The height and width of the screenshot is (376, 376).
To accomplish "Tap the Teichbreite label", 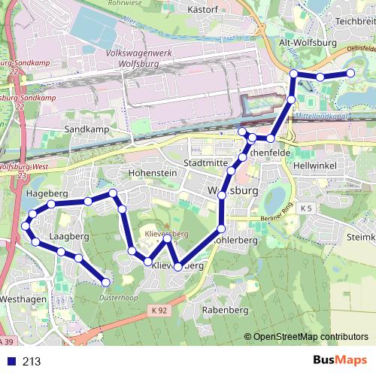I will click(x=356, y=22).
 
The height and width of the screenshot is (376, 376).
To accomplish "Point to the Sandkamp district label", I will click(x=87, y=129).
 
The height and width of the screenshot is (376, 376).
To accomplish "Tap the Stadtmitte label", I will click(x=205, y=163).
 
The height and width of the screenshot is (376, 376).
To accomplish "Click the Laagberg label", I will click(x=68, y=236).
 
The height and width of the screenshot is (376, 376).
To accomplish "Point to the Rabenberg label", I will click(x=225, y=310).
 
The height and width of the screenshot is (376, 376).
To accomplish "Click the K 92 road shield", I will click(x=157, y=310).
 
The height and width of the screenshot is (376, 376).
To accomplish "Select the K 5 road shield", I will click(x=305, y=208).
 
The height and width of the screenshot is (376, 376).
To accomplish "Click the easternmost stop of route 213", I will click(x=350, y=73).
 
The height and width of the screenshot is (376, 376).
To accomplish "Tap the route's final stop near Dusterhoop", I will click(x=106, y=282).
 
